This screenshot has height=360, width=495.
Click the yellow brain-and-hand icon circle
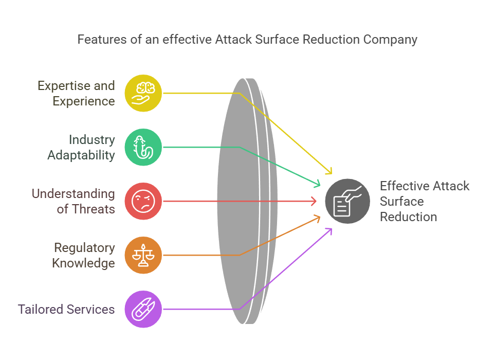pyautogui.click(x=143, y=93)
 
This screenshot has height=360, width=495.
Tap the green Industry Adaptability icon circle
pyautogui.click(x=143, y=147)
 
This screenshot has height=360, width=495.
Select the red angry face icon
pyautogui.click(x=143, y=201)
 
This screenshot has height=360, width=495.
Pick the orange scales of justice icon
pyautogui.click(x=143, y=255)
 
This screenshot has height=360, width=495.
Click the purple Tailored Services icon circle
pyautogui.click(x=143, y=309)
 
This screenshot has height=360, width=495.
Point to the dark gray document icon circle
pyautogui.click(x=347, y=201)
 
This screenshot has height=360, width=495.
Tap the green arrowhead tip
pyautogui.click(x=320, y=185)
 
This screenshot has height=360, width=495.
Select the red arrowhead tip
pyautogui.click(x=316, y=201)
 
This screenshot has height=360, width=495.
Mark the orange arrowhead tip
pyautogui.click(x=320, y=217)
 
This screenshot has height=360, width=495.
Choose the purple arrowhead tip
pyautogui.click(x=332, y=229)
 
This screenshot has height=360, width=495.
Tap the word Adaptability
pyautogui.click(x=81, y=155)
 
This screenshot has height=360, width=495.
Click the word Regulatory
pyautogui.click(x=85, y=248)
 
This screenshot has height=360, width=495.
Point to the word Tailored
pyautogui.click(x=41, y=310)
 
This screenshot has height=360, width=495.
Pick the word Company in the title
pyautogui.click(x=390, y=40)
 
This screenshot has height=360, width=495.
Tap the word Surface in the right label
pyautogui.click(x=401, y=201)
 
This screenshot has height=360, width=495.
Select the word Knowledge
pyautogui.click(x=83, y=263)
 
